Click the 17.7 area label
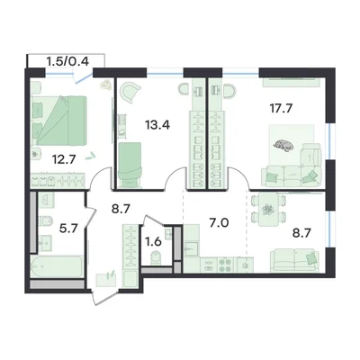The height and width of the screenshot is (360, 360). [281, 108]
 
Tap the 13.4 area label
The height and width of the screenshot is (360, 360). [157, 124]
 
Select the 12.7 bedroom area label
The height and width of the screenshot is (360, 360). [63, 159]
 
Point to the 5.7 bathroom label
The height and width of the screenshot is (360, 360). [68, 229]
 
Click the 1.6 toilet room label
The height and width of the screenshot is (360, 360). [155, 241]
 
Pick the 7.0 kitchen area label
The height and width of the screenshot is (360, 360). [219, 223]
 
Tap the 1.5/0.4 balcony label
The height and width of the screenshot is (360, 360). [67, 61]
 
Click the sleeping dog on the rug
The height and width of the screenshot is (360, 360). [283, 145]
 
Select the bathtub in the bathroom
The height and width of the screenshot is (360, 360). [57, 266]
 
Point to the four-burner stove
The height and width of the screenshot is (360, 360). [225, 265]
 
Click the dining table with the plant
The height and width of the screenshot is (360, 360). [266, 210]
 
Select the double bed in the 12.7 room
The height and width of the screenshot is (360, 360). [59, 121]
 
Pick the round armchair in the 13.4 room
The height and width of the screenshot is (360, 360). [130, 93]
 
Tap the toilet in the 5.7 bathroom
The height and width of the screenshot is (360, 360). [46, 222]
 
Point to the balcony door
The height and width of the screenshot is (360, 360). [84, 78]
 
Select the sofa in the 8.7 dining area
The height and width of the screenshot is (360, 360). [294, 260]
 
